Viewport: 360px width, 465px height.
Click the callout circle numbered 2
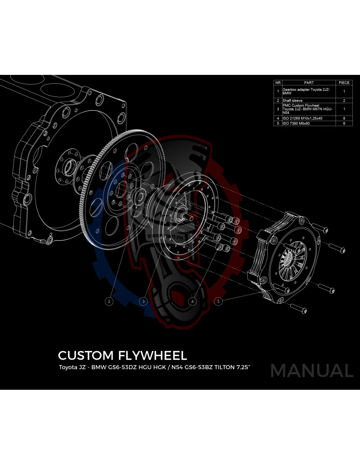coord(109,301)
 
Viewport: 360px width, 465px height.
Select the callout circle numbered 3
coord(143,301)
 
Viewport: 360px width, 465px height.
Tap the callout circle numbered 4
coord(192,301)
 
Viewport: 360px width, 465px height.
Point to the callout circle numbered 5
coord(218,301)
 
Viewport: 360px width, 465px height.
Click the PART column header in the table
coord(309,83)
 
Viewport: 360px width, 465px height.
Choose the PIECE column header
coord(344,83)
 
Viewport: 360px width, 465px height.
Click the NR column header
coord(278,83)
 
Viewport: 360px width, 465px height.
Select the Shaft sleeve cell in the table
coord(309,101)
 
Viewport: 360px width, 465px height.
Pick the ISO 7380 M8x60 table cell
coord(309,124)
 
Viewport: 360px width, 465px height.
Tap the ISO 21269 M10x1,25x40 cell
coord(309,118)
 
